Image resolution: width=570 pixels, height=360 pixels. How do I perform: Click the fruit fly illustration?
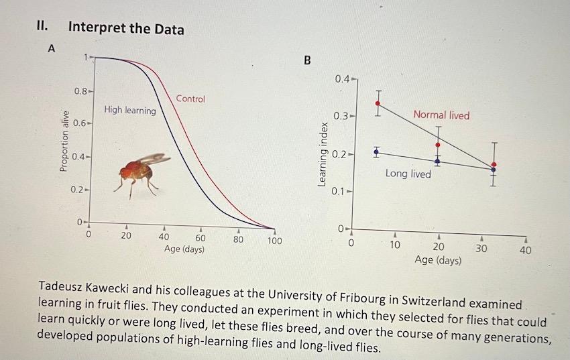137,172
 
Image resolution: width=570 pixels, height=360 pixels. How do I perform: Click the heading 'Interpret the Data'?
126,28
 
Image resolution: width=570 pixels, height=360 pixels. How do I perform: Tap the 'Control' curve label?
190,99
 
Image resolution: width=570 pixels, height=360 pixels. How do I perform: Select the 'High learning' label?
129,110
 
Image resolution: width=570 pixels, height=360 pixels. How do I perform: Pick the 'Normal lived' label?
441,115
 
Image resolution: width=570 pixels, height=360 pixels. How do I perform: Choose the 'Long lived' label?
408,174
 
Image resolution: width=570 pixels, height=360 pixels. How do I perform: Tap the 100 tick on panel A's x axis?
274,240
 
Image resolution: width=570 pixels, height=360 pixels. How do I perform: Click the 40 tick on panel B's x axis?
525,250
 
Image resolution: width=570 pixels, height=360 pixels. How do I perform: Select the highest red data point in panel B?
378,103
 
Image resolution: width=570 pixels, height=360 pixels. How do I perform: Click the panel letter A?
50,48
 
